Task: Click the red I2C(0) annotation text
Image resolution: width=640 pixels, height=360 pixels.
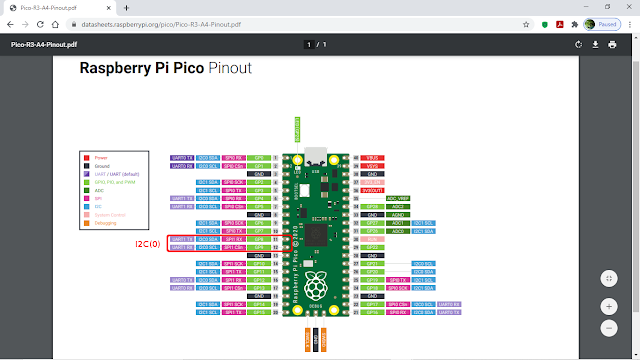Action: [x=149, y=243]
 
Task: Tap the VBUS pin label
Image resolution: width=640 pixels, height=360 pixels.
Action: [x=372, y=158]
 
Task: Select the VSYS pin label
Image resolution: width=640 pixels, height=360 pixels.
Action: [x=372, y=166]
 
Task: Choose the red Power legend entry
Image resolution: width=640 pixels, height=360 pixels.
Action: [x=102, y=157]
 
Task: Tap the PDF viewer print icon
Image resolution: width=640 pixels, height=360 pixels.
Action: [x=612, y=44]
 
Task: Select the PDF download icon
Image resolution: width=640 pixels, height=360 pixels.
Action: [x=596, y=44]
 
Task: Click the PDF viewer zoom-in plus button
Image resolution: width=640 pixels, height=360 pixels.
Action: [x=609, y=306]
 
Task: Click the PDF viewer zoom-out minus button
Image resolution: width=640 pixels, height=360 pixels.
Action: [x=609, y=327]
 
